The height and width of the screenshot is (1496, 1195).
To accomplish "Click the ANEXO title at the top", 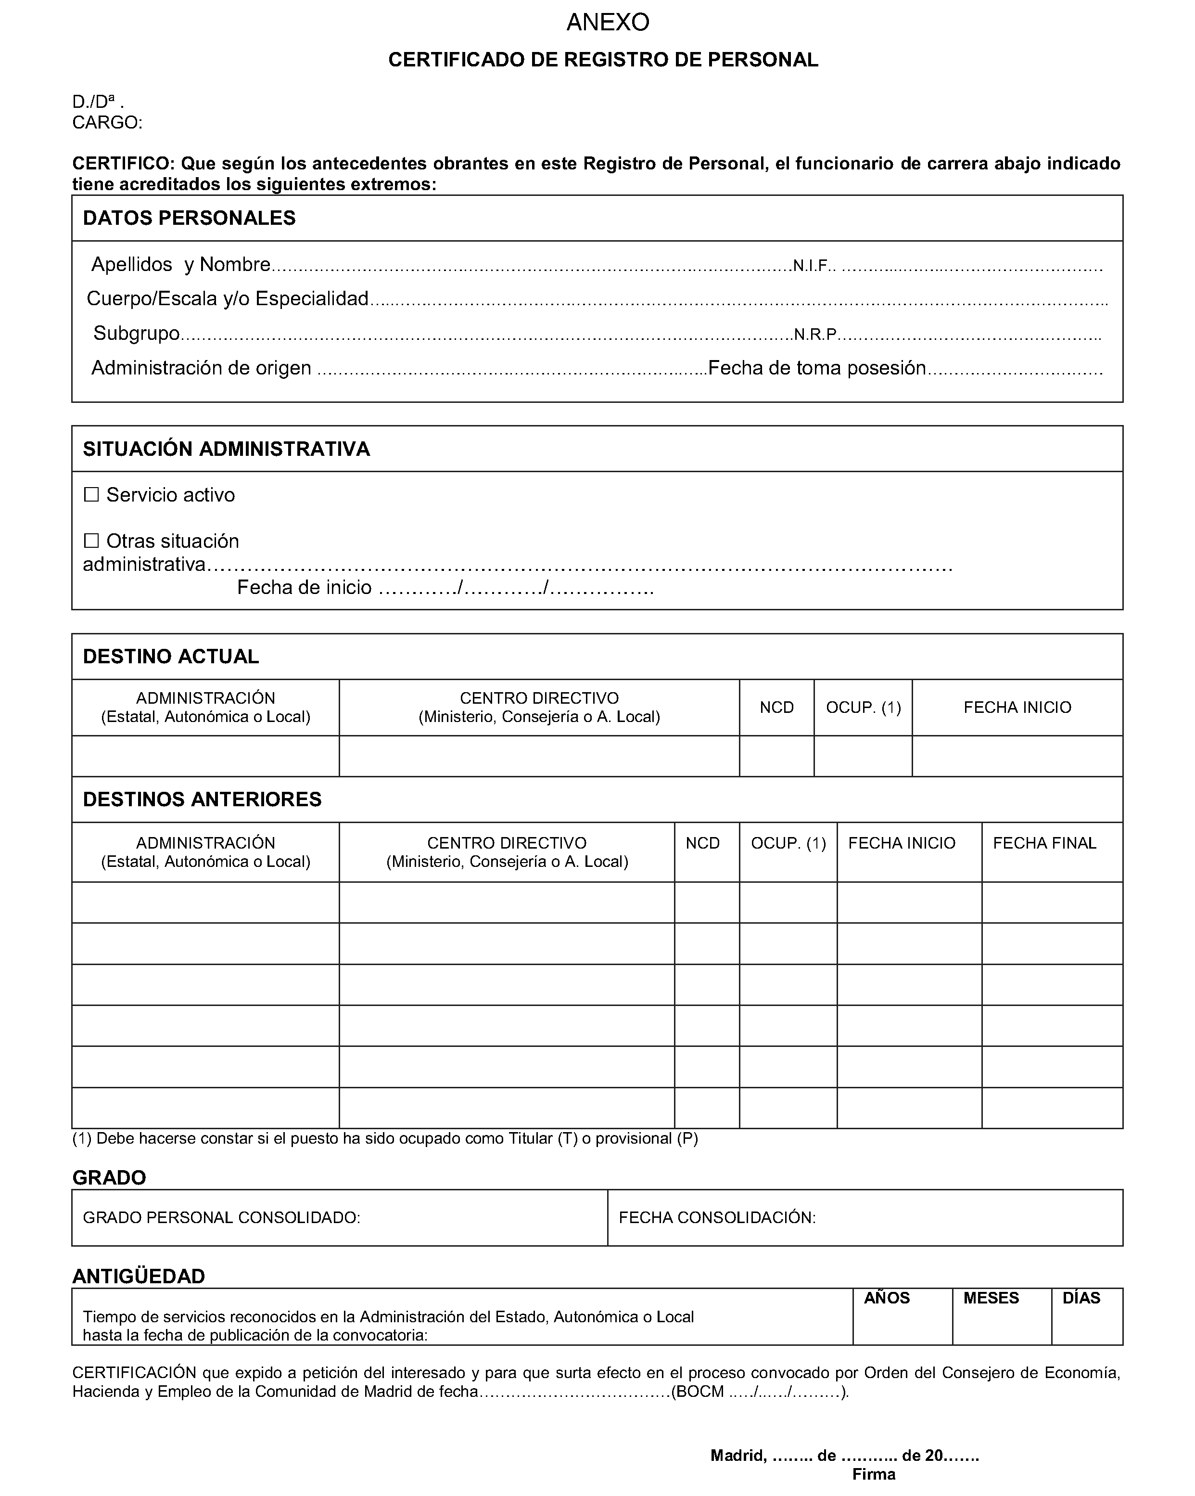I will (x=608, y=23).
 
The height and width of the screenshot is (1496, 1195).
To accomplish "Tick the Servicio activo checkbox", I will (x=91, y=495).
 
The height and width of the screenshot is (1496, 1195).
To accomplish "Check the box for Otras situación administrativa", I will (x=91, y=541).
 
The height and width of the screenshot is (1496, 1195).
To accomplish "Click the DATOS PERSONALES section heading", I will (x=190, y=218).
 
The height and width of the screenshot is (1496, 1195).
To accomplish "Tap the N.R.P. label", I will (x=815, y=335).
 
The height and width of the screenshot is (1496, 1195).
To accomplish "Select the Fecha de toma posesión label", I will (x=817, y=368).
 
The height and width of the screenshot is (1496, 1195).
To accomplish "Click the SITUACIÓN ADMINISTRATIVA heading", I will (x=226, y=449).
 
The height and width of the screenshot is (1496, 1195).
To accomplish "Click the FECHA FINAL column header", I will (x=1044, y=843).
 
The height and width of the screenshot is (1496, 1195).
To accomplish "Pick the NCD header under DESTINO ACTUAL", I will (x=776, y=707).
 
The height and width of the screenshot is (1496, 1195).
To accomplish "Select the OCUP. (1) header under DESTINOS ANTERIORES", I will (x=788, y=843).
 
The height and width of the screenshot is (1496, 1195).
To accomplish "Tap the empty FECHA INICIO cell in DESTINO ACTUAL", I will (x=1017, y=756).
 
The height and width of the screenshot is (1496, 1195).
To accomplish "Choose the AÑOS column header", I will (x=886, y=1298).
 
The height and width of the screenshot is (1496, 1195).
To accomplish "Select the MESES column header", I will (x=991, y=1298).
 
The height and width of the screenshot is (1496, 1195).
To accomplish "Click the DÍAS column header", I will (x=1081, y=1298).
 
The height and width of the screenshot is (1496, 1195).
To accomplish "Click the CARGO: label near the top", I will (x=107, y=123).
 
